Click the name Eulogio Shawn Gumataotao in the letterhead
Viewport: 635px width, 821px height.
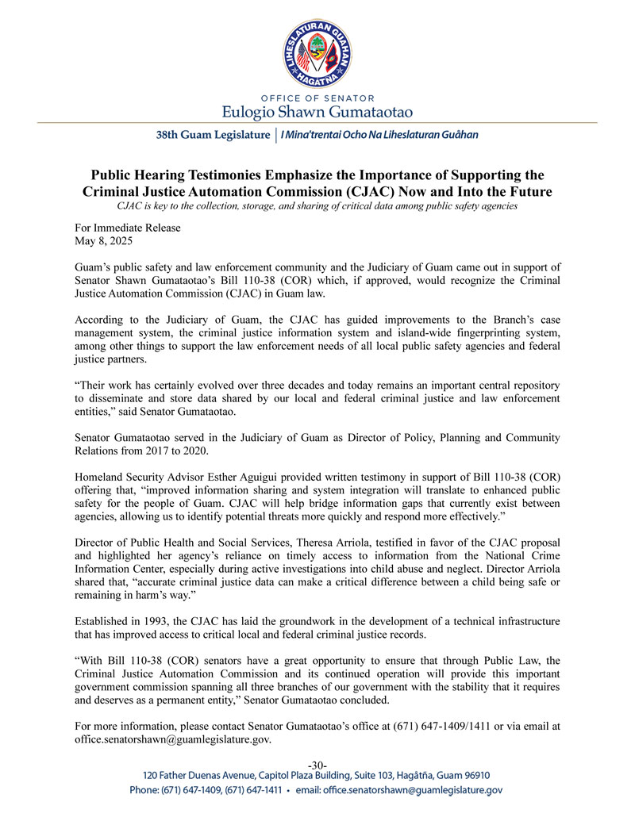click(x=317, y=109)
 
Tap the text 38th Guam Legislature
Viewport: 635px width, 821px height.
click(x=213, y=135)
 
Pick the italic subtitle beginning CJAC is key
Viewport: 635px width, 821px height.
click(x=317, y=206)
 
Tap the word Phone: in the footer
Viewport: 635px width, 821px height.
click(x=147, y=790)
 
